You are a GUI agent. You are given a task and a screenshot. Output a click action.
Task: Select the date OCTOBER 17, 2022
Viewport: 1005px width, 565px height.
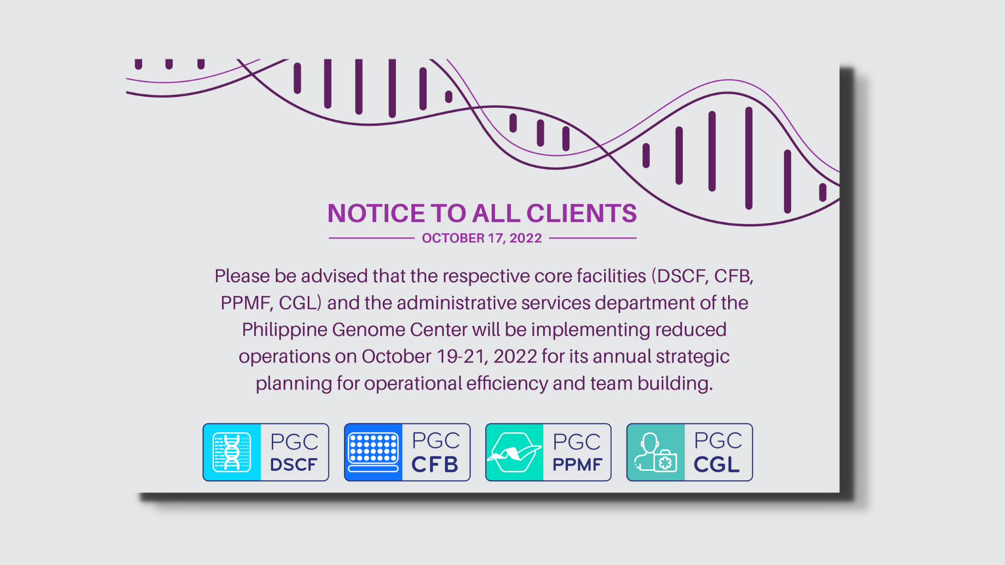click(482, 238)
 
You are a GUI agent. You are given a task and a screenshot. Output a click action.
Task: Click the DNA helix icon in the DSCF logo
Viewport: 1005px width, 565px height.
click(232, 452)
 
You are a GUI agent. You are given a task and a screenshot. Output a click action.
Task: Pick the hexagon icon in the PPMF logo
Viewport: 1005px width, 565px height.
click(514, 452)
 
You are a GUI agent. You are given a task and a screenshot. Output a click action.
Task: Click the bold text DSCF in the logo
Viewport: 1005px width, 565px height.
click(294, 465)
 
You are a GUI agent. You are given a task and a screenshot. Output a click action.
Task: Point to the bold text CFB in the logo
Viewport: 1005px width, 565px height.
click(435, 465)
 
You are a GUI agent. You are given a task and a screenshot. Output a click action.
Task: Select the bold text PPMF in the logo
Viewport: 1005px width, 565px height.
click(577, 465)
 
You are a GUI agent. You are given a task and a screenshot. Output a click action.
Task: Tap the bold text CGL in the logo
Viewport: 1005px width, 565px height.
click(717, 465)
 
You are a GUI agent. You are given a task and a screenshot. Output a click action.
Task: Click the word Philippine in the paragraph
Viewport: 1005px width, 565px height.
click(284, 330)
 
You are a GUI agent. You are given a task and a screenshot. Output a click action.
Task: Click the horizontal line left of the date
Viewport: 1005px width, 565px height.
click(372, 238)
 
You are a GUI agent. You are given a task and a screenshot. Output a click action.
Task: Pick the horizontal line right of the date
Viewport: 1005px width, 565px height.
click(593, 238)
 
